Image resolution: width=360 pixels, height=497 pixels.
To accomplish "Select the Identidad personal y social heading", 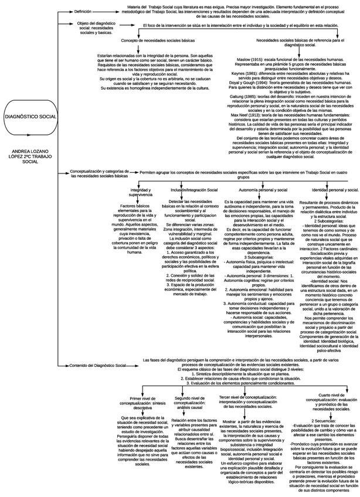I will point(334,190).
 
